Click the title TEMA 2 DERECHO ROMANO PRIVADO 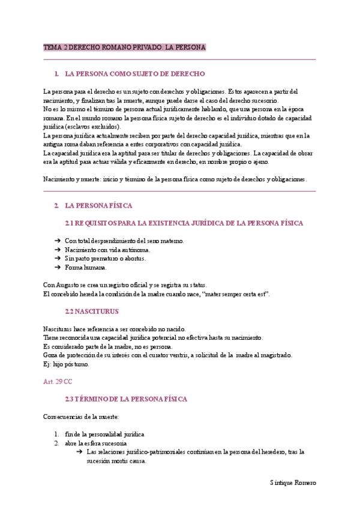point(125,47)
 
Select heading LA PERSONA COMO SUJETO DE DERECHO point(135,74)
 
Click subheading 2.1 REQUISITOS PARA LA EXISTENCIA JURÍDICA point(184,223)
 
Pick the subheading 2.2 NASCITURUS point(92,312)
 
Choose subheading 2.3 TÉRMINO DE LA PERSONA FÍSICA point(127,399)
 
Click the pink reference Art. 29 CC point(58,382)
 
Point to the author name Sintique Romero point(293,483)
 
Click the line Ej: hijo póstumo point(67,364)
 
